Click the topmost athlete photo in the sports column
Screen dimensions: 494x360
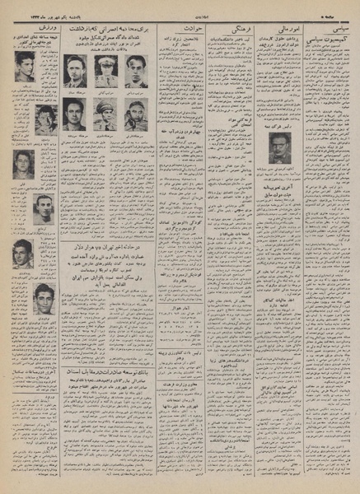click(26, 67)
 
